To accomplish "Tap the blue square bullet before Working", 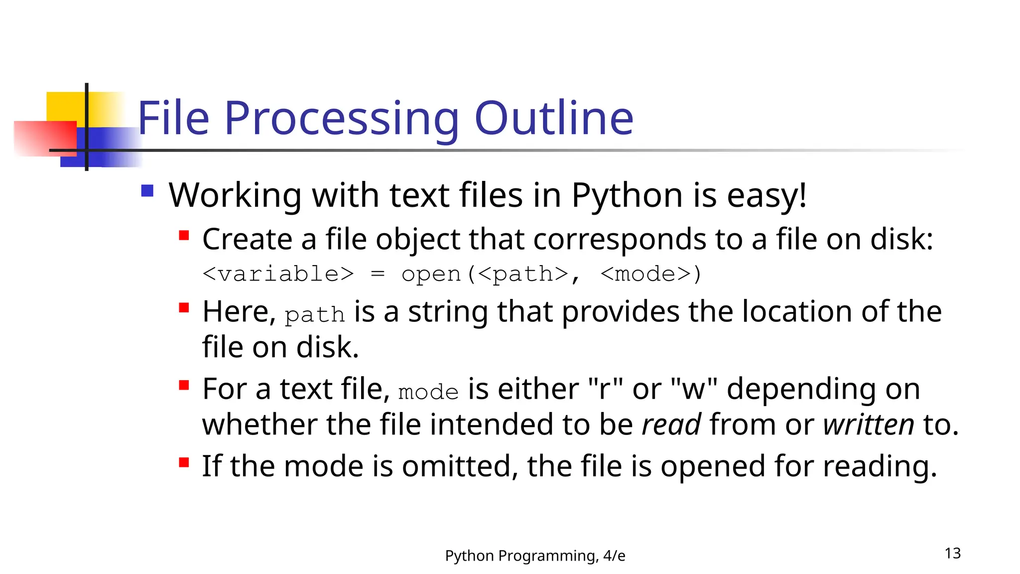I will pos(147,191).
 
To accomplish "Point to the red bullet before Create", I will pos(184,235).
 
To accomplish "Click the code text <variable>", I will pos(278,274).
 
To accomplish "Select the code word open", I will pos(431,274).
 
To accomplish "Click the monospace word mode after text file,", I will pos(428,392).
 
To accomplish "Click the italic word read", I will pos(671,425).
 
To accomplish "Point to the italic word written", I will pos(869,425).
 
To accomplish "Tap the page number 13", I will pos(952,553).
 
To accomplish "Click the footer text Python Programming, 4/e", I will pos(535,556).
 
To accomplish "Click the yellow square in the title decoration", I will pos(65,106).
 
